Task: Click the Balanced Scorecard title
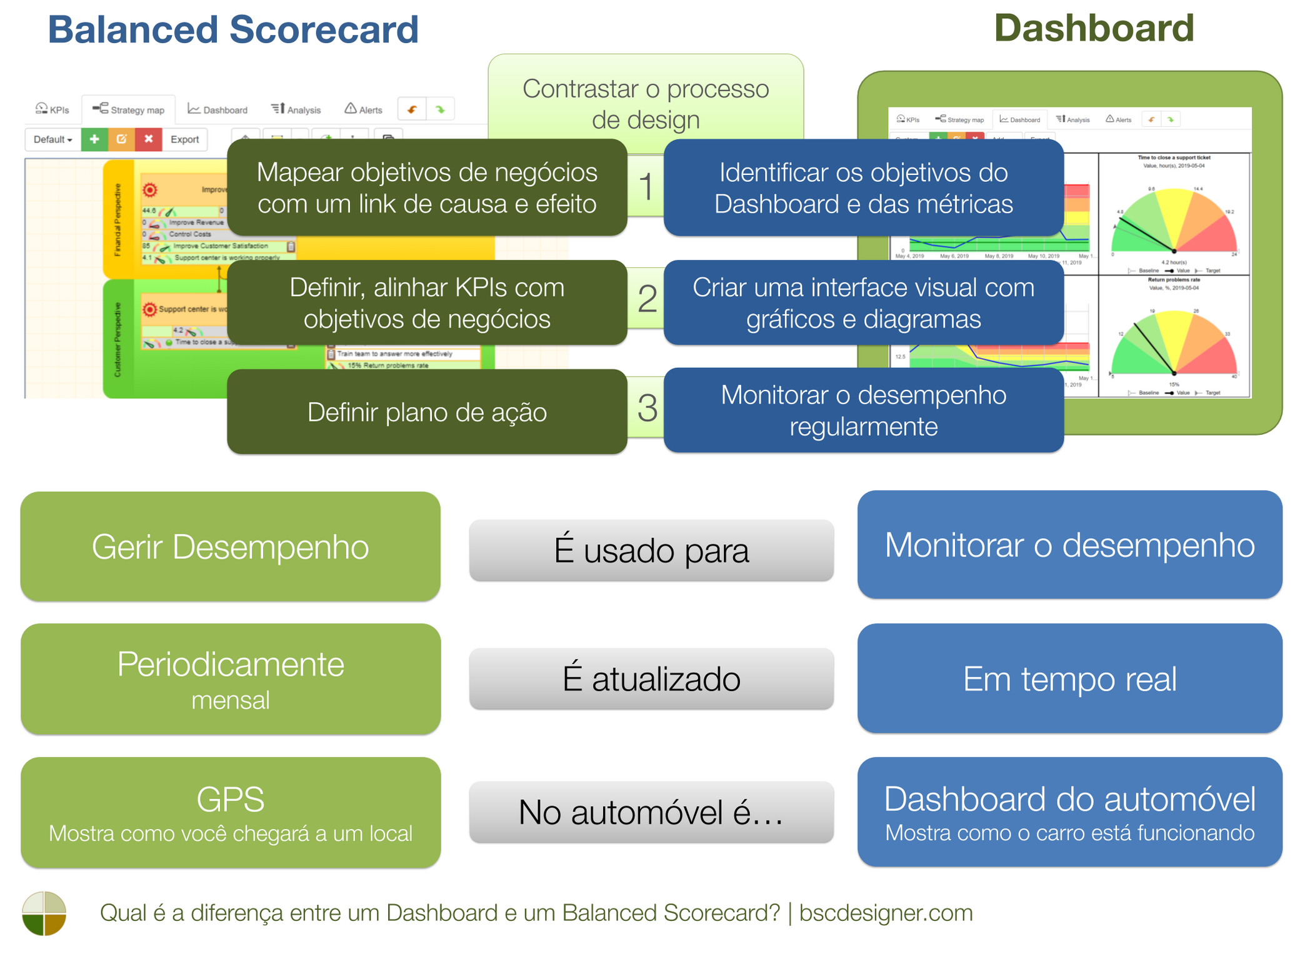(232, 29)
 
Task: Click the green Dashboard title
(1093, 28)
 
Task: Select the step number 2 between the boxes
(647, 299)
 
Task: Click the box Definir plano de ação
(427, 412)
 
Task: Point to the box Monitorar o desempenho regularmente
(863, 410)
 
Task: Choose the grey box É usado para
(651, 550)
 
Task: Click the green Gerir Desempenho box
(230, 547)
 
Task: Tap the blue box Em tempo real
(1069, 678)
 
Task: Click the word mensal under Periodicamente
(230, 700)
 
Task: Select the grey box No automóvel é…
(651, 812)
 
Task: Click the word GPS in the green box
(230, 799)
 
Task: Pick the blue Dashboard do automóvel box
(1069, 812)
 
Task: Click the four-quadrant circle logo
(44, 913)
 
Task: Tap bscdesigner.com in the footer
(886, 913)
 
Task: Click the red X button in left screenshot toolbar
(149, 139)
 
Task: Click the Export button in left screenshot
(184, 139)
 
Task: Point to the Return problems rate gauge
(1174, 344)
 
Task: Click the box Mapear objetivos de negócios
(427, 187)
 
